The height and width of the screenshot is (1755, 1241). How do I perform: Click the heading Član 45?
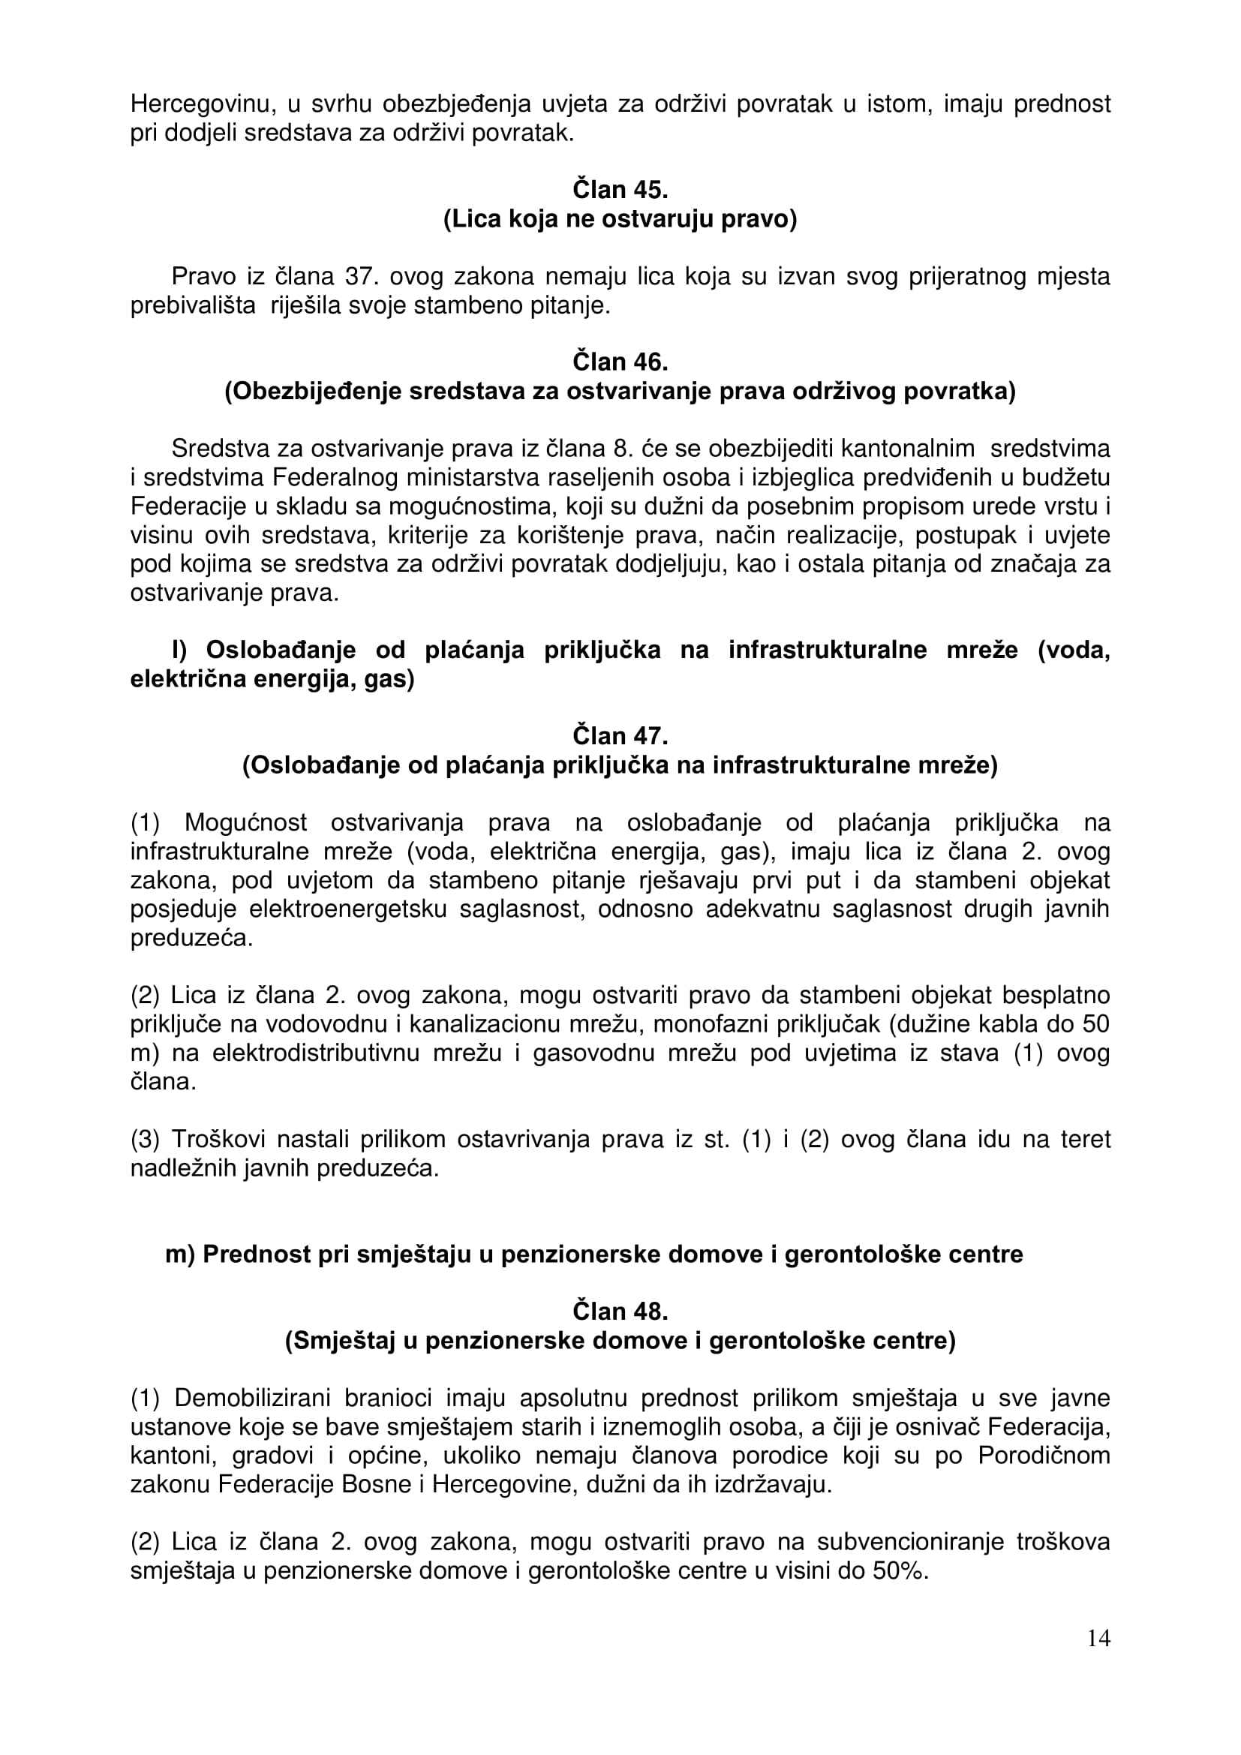pyautogui.click(x=620, y=190)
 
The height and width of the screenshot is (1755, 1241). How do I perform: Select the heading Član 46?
pyautogui.click(x=620, y=362)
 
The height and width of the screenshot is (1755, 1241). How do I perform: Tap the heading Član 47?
pyautogui.click(x=620, y=735)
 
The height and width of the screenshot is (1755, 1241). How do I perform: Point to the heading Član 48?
pyautogui.click(x=620, y=1312)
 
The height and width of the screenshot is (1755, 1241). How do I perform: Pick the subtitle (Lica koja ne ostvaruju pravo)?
pyautogui.click(x=620, y=219)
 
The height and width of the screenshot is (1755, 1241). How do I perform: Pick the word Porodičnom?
pyautogui.click(x=1044, y=1456)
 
